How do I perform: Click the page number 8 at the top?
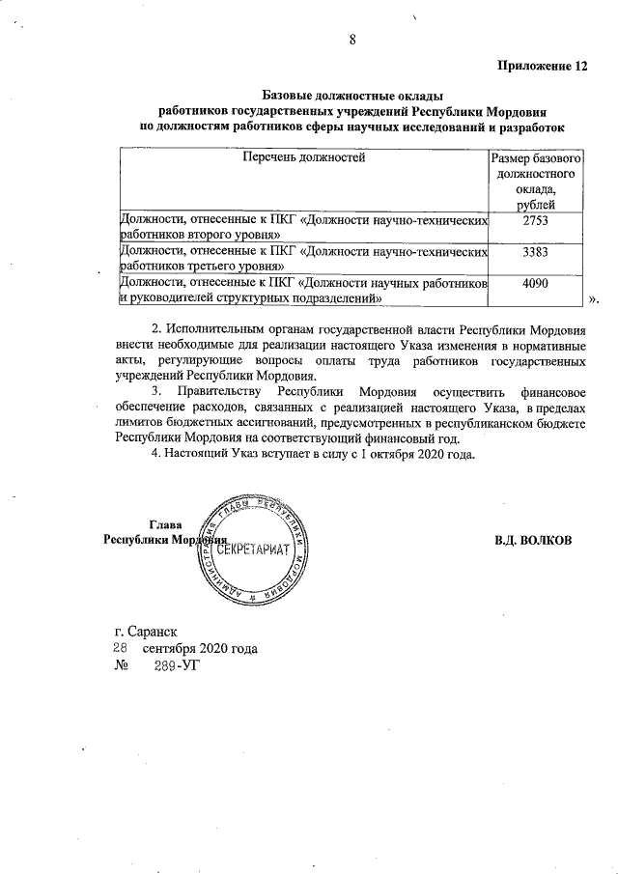point(353,40)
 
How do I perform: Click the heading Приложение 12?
point(542,67)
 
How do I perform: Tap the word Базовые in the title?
point(288,96)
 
